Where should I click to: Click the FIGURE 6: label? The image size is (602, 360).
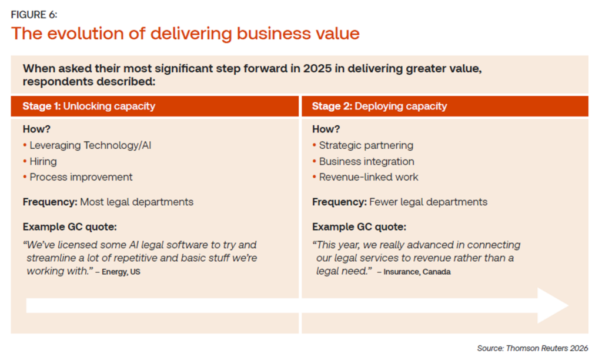click(34, 14)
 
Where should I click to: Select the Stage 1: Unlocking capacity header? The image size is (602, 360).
click(89, 106)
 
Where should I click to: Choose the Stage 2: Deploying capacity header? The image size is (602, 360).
click(379, 106)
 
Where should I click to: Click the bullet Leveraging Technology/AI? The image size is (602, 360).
click(90, 145)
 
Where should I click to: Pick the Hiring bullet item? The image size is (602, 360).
click(43, 161)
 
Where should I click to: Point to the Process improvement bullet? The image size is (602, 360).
click(81, 177)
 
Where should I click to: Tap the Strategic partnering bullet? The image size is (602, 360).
click(366, 145)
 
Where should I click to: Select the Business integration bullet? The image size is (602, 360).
click(366, 161)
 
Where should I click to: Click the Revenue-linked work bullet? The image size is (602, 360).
click(369, 177)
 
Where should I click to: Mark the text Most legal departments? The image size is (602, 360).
click(136, 202)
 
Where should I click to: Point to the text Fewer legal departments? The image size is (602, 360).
click(428, 202)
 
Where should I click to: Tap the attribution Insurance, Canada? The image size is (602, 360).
click(417, 272)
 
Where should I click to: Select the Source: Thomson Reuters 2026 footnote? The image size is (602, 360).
click(532, 348)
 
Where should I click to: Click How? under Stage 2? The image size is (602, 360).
click(326, 129)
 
